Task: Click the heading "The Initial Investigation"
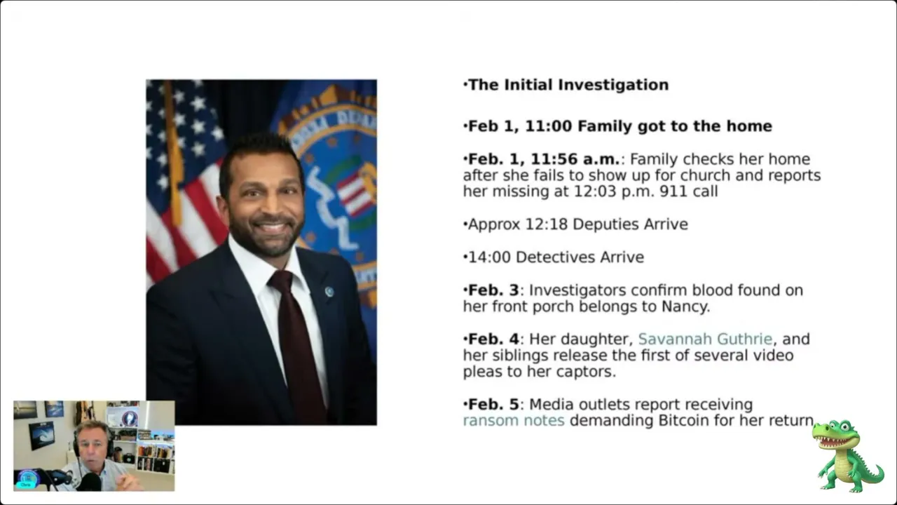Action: (x=568, y=85)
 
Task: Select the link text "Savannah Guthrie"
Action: (x=705, y=339)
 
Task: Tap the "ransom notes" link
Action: (x=514, y=420)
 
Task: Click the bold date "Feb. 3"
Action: (x=493, y=290)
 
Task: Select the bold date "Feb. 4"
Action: (x=493, y=339)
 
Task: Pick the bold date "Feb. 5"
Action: (x=493, y=405)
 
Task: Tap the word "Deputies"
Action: (x=606, y=224)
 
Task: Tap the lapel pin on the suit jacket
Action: (x=329, y=291)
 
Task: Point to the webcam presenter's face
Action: (x=92, y=448)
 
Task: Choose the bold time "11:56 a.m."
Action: (x=575, y=159)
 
